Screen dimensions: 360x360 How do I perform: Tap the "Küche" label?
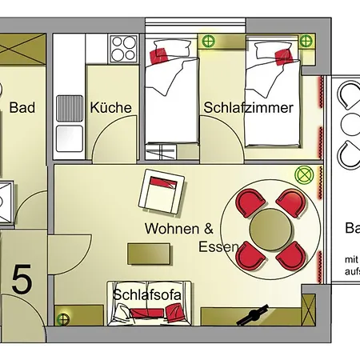[111, 107]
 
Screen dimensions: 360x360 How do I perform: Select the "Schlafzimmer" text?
[249, 107]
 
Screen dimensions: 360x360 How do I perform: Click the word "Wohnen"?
[170, 229]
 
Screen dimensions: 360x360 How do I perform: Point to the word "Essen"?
[218, 247]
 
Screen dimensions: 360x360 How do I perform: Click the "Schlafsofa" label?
[147, 294]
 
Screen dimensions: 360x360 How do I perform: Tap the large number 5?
[22, 281]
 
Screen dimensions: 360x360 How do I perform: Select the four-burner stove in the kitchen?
[124, 49]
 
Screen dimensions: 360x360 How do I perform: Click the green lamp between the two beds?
[210, 41]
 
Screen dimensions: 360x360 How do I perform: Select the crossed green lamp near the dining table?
[303, 173]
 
